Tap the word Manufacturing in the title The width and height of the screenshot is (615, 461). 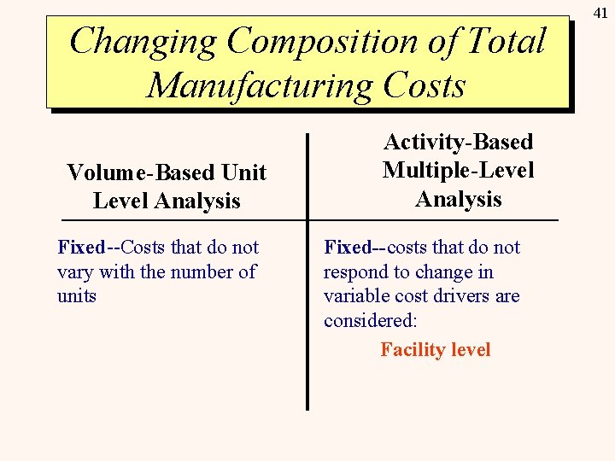(259, 85)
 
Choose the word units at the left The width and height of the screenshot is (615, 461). (77, 297)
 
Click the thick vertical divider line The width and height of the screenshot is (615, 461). (307, 273)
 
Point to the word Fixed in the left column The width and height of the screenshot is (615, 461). (81, 248)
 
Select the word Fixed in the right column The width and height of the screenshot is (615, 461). (348, 248)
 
